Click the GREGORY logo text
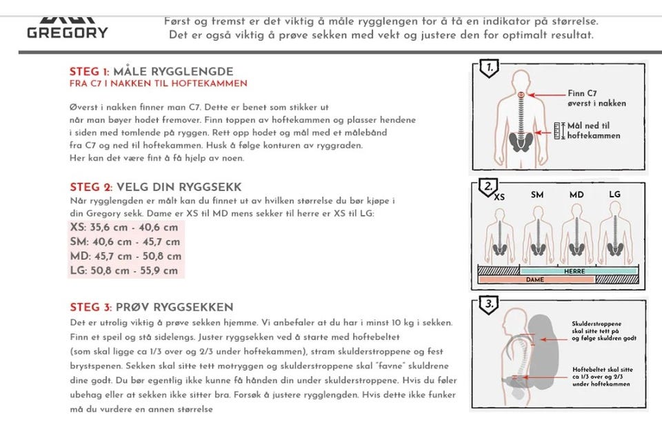(68, 32)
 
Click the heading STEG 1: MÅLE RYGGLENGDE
(151, 72)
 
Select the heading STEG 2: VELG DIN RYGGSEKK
(155, 187)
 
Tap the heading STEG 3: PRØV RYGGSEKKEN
(151, 307)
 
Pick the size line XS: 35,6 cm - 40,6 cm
(124, 227)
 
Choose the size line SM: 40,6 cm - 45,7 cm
(125, 241)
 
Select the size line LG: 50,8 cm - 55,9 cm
(124, 270)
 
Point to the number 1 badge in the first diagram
(489, 68)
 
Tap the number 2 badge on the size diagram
(488, 186)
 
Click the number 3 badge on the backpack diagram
(488, 303)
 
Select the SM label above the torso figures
(537, 195)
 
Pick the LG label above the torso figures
(614, 195)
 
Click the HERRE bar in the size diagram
(574, 271)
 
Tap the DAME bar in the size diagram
(535, 279)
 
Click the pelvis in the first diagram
(520, 143)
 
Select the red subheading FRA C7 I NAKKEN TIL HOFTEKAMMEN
(158, 83)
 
